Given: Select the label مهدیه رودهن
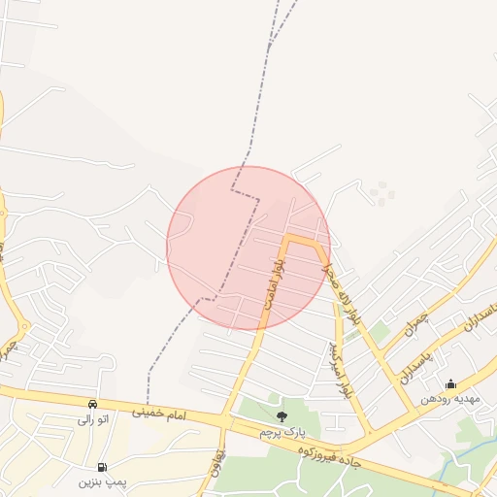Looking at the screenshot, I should pos(449,398).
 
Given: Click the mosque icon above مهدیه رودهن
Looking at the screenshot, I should pos(450,383).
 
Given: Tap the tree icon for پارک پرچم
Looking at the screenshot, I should pos(282,416).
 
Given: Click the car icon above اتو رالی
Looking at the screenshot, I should pos(92,404).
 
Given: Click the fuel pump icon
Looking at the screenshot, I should pos(103,467).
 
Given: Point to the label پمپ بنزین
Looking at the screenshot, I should pos(103,481).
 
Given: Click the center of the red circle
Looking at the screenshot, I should pos(248,248).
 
